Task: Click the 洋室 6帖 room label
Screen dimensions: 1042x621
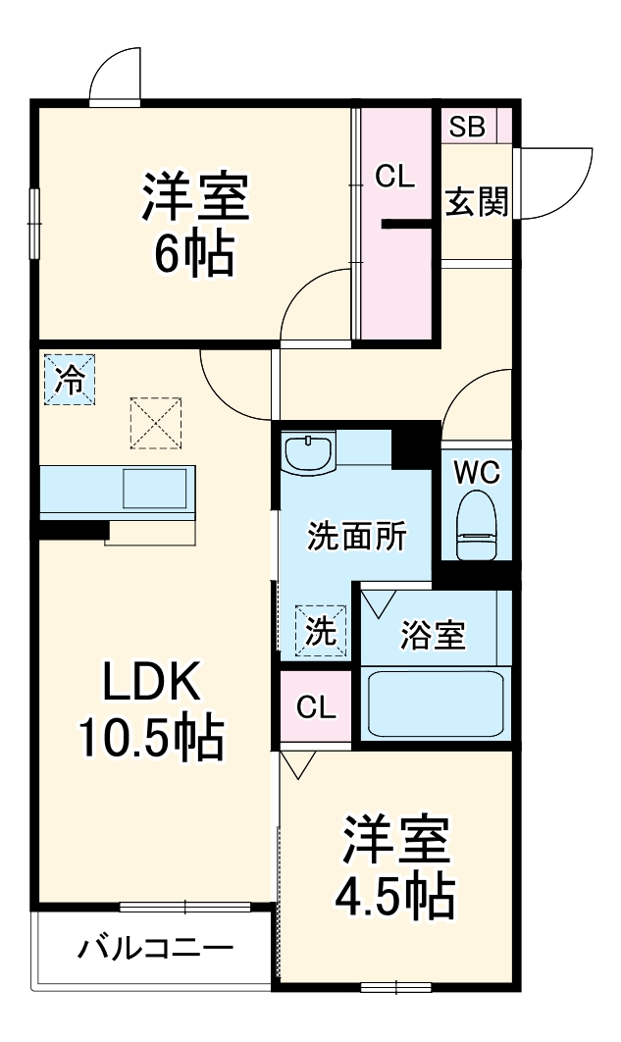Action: coord(194,224)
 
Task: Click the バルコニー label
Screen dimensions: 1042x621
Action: coord(156,949)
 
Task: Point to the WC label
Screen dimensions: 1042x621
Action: coord(477,473)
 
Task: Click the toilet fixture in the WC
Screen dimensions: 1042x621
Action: coord(478,524)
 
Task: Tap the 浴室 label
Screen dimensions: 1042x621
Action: coord(433,635)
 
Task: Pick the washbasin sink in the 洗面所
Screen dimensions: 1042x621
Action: coord(309,453)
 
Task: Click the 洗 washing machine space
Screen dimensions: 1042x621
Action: coord(321,629)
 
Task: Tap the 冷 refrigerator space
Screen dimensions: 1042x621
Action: coord(69,379)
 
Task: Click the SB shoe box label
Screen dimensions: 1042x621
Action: coord(467,127)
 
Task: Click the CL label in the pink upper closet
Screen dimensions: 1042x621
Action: coord(395,177)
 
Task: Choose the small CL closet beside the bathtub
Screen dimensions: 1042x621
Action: coord(316,706)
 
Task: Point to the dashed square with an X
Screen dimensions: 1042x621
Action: coord(155,422)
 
